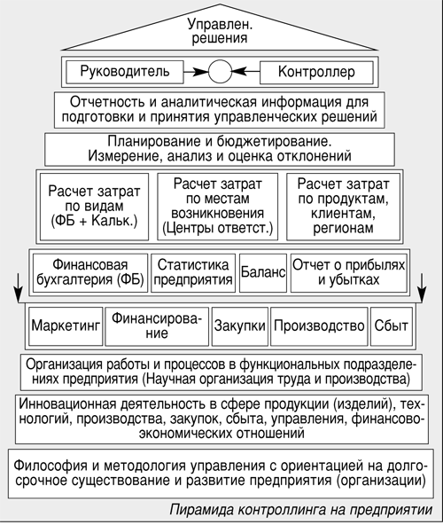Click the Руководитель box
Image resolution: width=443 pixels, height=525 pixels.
tap(125, 72)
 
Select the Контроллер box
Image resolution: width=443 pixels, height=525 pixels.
tap(316, 73)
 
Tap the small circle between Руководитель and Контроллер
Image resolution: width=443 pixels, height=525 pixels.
tap(220, 72)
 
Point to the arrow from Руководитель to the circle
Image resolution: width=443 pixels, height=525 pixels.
tap(196, 72)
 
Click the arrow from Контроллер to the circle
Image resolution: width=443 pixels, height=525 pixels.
tap(245, 71)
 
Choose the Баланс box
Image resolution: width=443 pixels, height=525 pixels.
tap(263, 273)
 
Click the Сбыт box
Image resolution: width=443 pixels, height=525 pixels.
tap(391, 326)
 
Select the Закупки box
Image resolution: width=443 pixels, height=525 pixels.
tap(240, 326)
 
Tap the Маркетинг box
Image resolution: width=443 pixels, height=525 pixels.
tap(66, 326)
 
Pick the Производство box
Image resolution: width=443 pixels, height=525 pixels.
tap(319, 326)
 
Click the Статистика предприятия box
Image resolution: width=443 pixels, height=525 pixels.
tap(193, 273)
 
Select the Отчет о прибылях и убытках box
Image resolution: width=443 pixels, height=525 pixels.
tap(349, 273)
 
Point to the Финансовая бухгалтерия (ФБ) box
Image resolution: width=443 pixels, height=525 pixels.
tap(90, 273)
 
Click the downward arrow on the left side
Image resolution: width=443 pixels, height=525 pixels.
tap(19, 288)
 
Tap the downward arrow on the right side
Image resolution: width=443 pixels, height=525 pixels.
tap(422, 288)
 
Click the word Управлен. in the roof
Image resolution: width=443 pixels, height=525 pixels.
tap(220, 25)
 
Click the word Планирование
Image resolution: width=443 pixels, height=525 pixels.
tap(153, 142)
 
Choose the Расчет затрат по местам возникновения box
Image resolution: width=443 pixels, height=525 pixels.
tap(217, 207)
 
